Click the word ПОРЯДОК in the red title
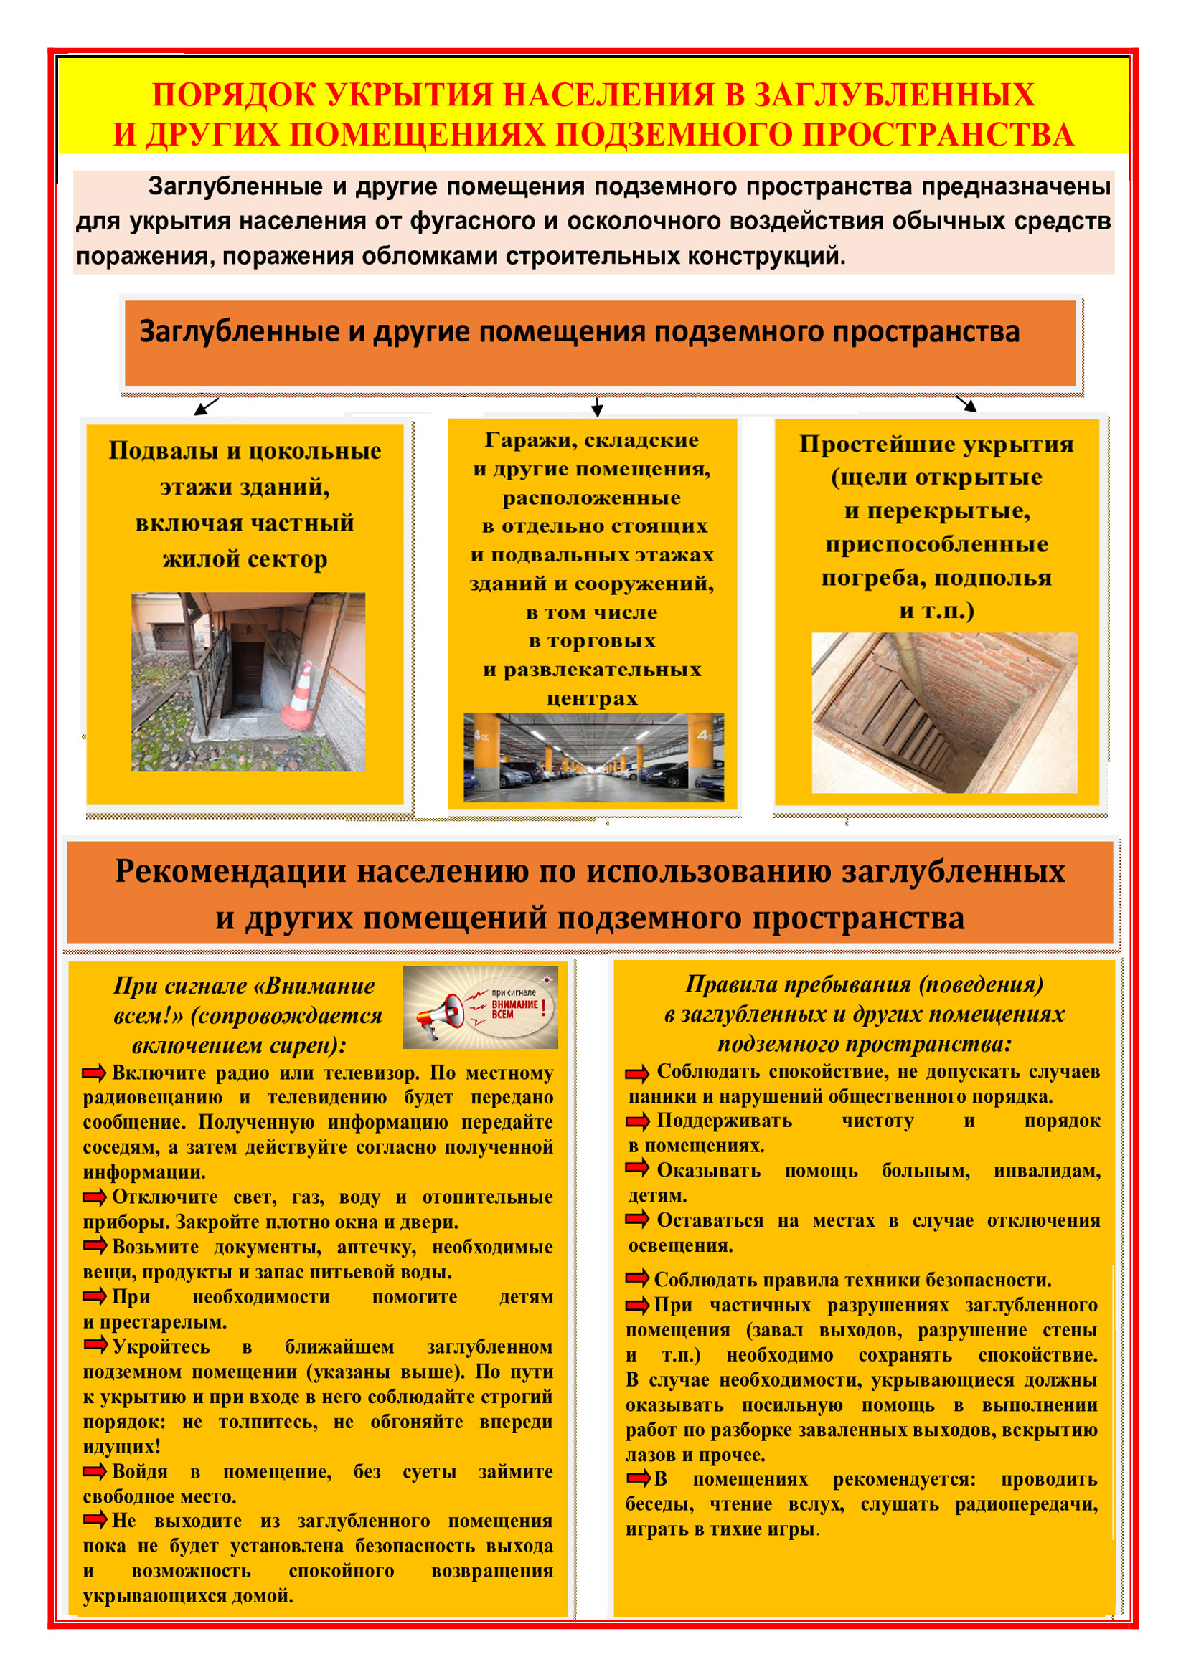[x=232, y=95]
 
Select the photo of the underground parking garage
[x=593, y=756]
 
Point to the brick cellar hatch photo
[x=944, y=712]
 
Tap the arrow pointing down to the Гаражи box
[x=597, y=407]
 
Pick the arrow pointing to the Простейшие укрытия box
[x=966, y=403]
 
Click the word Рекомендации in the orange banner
[x=230, y=872]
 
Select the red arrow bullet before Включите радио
[x=94, y=1073]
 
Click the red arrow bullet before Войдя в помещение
[x=94, y=1471]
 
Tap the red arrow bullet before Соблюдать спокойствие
[x=637, y=1074]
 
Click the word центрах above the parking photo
[x=592, y=698]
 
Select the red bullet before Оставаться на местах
[x=637, y=1219]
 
